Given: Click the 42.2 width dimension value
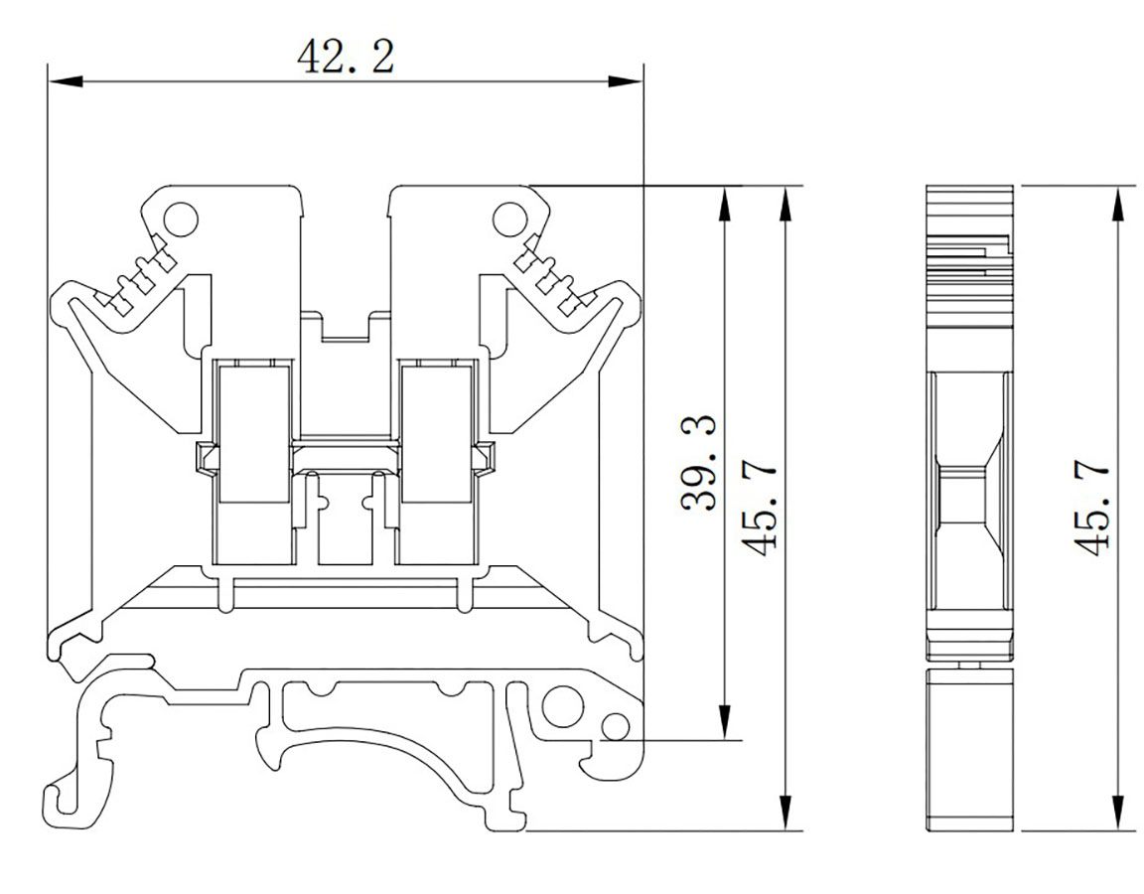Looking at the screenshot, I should tap(346, 58).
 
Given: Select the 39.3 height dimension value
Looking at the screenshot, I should tap(702, 464).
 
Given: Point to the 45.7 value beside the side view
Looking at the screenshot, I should tap(1091, 508).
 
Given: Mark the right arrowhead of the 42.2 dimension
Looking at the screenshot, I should tap(634, 80).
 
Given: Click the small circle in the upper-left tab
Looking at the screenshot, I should tap(181, 218).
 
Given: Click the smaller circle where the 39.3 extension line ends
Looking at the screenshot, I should tap(615, 728).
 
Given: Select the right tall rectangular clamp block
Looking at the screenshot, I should tap(435, 433).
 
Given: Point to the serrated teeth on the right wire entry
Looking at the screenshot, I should tap(550, 277).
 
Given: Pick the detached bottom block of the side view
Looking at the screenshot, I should tap(970, 750).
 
